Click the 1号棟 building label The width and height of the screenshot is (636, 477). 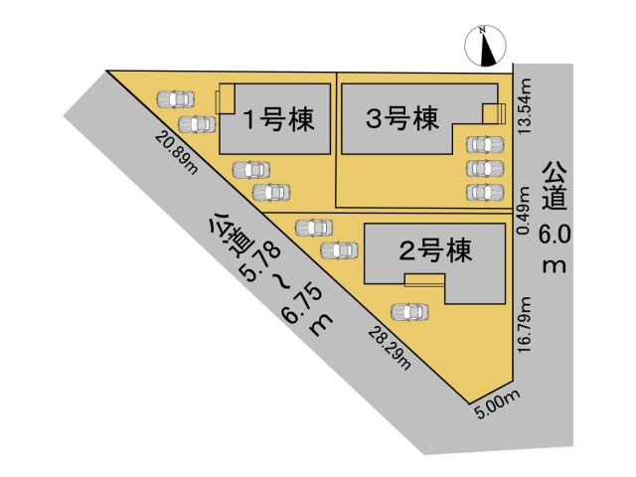(x=279, y=120)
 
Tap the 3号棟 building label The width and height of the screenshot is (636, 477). (x=401, y=120)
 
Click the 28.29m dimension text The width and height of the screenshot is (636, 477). (x=389, y=347)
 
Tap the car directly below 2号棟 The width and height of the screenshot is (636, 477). (x=411, y=311)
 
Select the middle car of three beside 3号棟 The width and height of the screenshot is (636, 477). (x=484, y=167)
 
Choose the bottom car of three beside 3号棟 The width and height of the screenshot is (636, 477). (x=484, y=191)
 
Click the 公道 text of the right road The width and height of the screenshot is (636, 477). (x=554, y=186)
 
